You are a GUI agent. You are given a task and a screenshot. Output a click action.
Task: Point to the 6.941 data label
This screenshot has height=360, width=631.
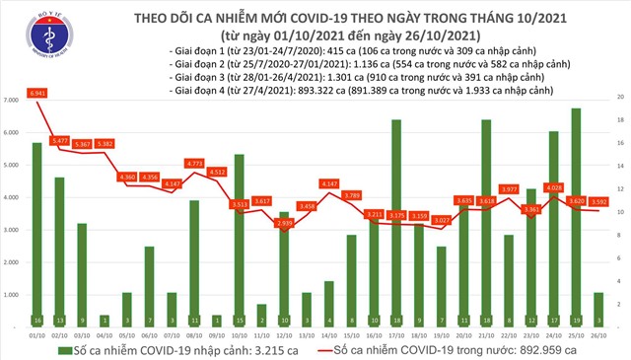click(x=39, y=92)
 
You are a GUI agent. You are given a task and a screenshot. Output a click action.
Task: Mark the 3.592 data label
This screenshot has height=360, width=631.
click(x=598, y=201)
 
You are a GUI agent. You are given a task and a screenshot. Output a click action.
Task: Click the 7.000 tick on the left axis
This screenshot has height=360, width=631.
click(x=14, y=101)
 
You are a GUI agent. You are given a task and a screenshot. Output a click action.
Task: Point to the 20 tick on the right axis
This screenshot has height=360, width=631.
click(x=619, y=98)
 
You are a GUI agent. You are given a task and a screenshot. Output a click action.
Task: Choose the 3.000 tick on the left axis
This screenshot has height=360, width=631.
click(x=14, y=230)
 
